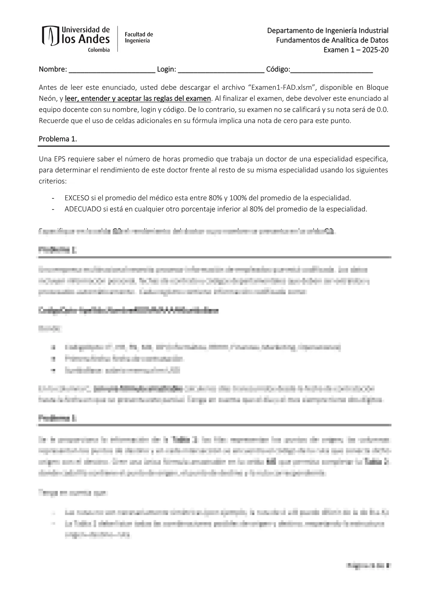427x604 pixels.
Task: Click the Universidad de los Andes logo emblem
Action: click(50, 36)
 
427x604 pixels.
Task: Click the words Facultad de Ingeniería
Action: click(139, 37)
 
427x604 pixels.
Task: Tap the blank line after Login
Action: click(221, 70)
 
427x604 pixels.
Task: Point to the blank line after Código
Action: click(332, 70)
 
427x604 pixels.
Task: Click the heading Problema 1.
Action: click(58, 139)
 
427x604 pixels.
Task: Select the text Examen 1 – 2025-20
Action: click(356, 50)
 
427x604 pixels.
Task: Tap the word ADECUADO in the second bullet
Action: click(83, 209)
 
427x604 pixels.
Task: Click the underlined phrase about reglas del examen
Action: click(138, 98)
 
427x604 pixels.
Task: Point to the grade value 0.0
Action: click(383, 109)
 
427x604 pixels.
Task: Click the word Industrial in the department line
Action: click(374, 31)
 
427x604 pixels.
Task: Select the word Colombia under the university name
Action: click(99, 50)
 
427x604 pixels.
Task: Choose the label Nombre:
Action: click(53, 69)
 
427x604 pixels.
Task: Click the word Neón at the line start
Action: click(47, 98)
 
